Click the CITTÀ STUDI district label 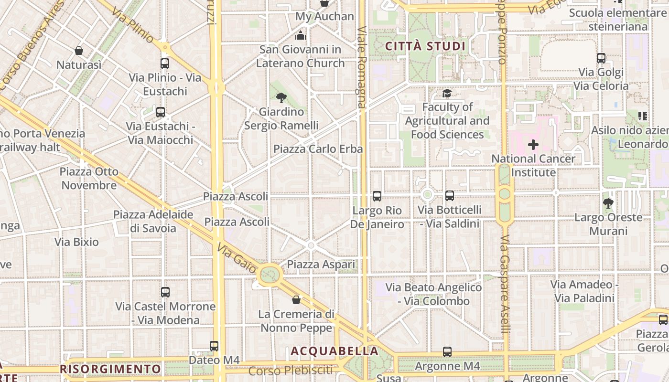(425, 46)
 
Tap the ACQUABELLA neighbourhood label (334, 351)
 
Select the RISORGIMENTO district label (110, 369)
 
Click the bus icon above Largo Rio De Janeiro (377, 196)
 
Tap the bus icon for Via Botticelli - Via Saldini (449, 195)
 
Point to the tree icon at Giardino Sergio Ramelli (281, 98)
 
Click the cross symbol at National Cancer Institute (533, 144)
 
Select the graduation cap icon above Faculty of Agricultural (447, 93)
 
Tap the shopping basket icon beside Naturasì (79, 50)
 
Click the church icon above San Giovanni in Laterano (300, 35)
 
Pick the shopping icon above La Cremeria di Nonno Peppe (296, 300)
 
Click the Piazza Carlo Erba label (318, 149)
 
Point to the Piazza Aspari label (321, 265)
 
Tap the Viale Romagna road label (362, 67)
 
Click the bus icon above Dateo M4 (214, 346)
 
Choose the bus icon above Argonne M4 (447, 352)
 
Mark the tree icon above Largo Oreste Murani (608, 203)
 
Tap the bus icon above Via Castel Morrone (165, 292)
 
